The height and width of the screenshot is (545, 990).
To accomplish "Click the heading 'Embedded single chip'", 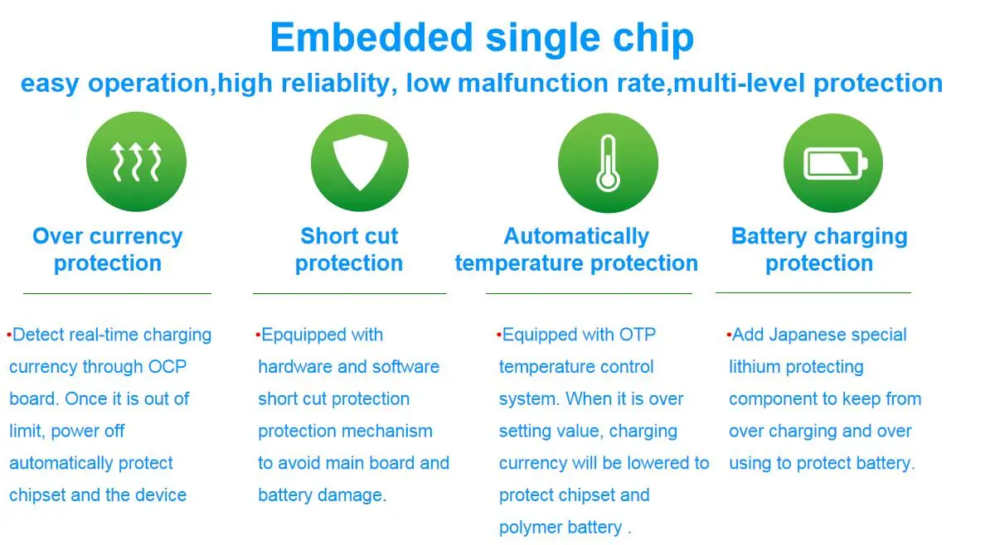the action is point(482,38).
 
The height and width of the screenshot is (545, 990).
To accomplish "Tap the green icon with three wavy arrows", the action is point(136,162).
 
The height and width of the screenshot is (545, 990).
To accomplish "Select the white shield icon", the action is point(360,162).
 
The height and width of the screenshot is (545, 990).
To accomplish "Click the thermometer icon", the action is point(608,162).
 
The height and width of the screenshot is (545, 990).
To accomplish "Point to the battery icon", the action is point(835,163).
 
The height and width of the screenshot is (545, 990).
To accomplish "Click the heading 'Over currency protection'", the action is point(107,249).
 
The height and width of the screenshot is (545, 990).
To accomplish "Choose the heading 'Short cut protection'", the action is point(349,249).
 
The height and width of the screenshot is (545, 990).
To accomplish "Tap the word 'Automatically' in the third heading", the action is point(575,236).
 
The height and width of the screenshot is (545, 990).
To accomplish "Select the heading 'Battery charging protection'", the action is point(819,249).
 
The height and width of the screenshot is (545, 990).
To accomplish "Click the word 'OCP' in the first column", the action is point(167,366).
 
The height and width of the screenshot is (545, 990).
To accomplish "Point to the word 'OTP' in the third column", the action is point(637,335).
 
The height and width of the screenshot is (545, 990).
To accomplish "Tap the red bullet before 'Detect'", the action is point(9,335).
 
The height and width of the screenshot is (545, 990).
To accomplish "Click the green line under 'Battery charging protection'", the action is point(813,292).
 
